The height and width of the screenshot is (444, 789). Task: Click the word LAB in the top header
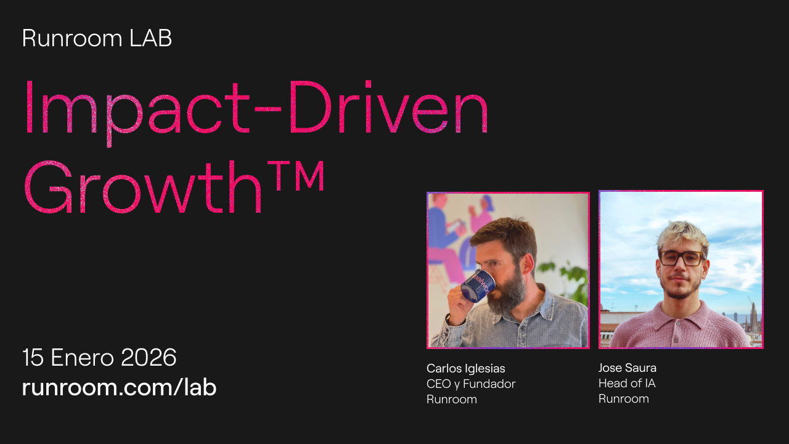pos(150,38)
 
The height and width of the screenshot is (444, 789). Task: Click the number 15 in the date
pos(33,358)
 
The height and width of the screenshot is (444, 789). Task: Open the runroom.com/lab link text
pos(119,387)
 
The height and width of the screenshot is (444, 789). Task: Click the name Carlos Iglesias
pos(465,368)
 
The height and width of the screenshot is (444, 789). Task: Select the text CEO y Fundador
pos(471,384)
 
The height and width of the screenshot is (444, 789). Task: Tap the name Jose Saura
pos(627,368)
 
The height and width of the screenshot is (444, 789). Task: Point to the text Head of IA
pos(626,383)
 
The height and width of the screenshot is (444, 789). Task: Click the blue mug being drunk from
pos(478,286)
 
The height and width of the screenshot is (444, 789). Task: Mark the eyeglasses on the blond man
pos(682,257)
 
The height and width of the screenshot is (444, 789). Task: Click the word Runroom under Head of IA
pos(623,398)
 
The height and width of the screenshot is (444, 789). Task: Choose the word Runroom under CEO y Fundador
pos(451,399)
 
